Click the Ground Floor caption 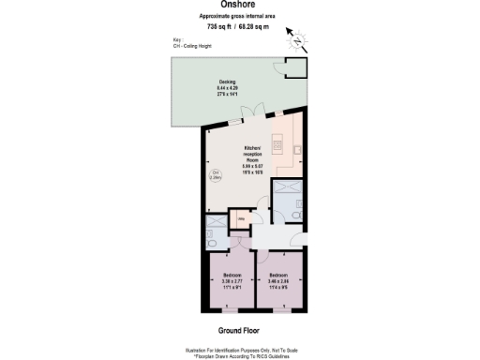239,331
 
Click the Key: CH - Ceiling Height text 193,42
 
